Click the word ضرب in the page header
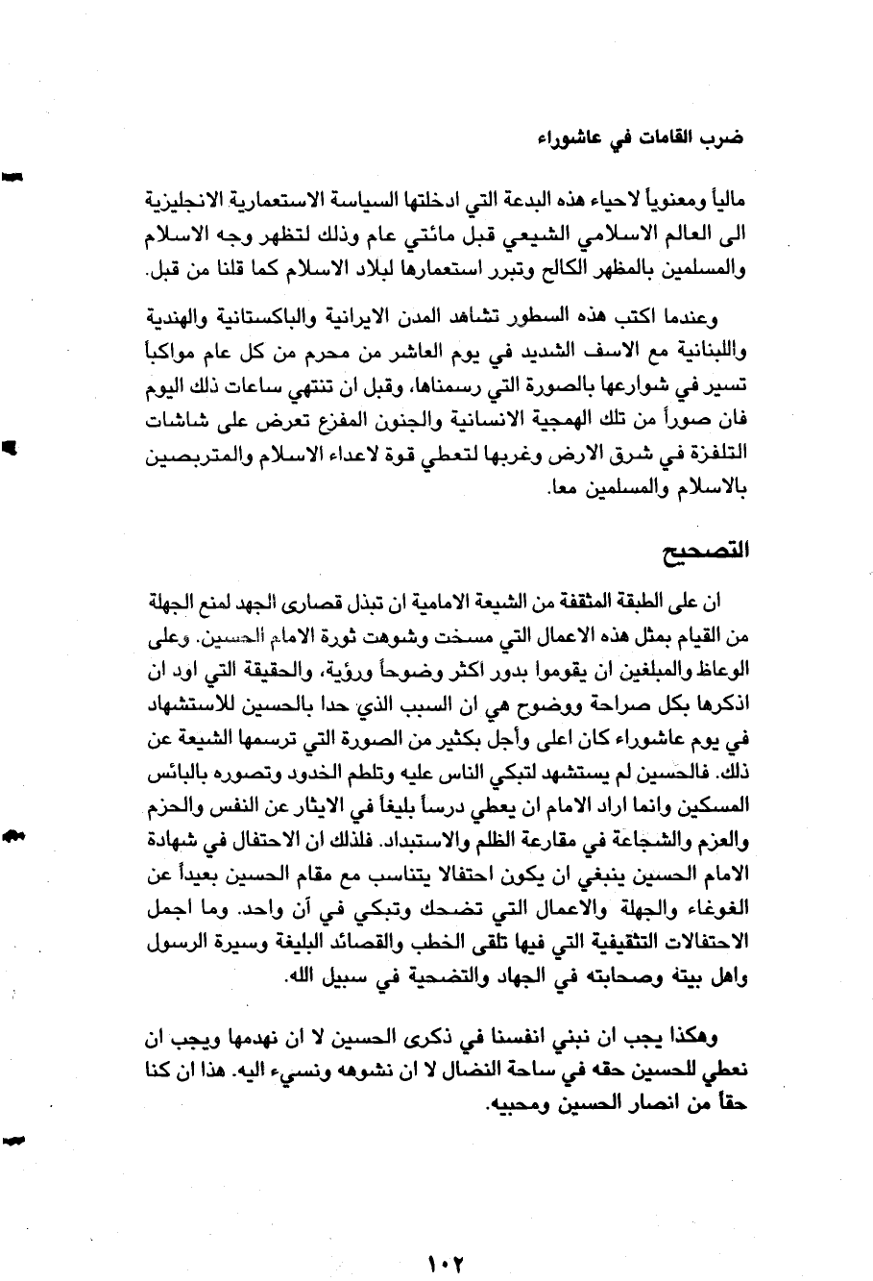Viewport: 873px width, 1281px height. (728, 136)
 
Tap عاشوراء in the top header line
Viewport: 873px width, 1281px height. (564, 136)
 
